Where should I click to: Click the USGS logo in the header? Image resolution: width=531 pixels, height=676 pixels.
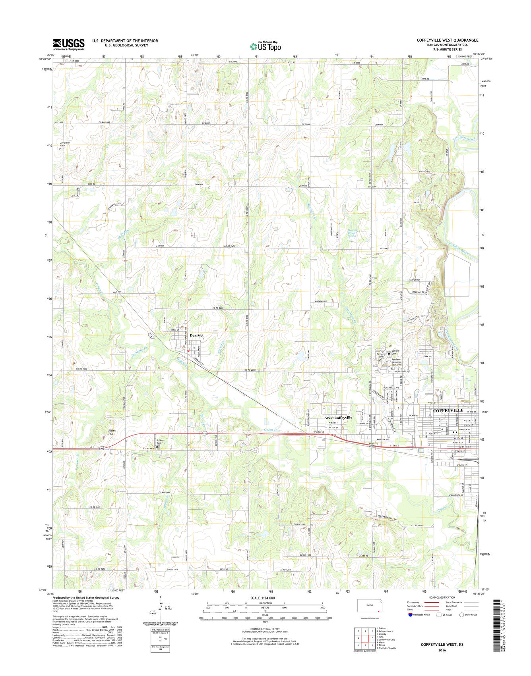(x=68, y=44)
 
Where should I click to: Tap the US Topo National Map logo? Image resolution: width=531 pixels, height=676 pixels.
(x=265, y=46)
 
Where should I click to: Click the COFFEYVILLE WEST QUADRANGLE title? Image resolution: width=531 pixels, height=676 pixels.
(x=447, y=40)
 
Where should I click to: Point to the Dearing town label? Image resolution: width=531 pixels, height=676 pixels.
(x=196, y=335)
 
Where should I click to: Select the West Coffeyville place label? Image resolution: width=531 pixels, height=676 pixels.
(x=339, y=418)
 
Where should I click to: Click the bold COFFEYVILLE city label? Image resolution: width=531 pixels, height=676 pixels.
(x=448, y=410)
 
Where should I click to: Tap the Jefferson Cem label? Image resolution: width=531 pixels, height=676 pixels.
(x=65, y=144)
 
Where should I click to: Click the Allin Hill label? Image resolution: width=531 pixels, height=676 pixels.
(x=111, y=433)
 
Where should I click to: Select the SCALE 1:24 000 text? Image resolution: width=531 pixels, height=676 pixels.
(x=262, y=598)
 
